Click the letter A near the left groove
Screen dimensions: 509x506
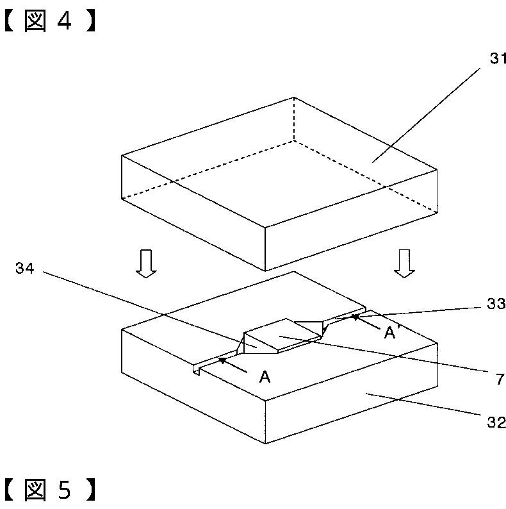[x=265, y=377]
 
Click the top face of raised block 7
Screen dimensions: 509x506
[x=282, y=335]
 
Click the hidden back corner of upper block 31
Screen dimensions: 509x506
[x=294, y=140]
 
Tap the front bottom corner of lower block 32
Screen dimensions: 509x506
[x=265, y=442]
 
